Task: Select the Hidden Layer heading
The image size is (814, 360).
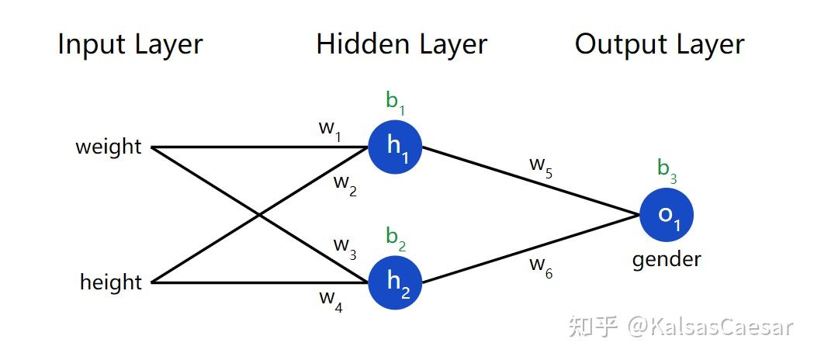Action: coord(402,44)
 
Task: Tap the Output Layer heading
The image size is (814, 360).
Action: coord(660,45)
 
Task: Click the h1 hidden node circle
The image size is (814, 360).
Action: coord(395,147)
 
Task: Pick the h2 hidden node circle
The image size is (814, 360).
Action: coord(395,282)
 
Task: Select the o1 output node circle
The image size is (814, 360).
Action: coord(667,215)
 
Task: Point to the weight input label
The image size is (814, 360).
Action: coord(109,147)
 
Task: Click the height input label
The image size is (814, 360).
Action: coord(110,282)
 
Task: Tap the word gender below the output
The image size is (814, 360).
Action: coord(667,260)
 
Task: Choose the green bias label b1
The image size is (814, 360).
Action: coord(396,102)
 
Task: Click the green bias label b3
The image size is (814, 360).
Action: coord(667,171)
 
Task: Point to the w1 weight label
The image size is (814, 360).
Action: coord(330,130)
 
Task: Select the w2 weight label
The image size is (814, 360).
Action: coord(345,185)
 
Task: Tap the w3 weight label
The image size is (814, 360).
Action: coord(345,248)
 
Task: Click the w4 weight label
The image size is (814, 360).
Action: coord(331,301)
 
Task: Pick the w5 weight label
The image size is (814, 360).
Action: coord(540,168)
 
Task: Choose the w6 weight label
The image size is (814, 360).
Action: coord(540,268)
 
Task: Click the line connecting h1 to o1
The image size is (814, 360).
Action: coord(531,181)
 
